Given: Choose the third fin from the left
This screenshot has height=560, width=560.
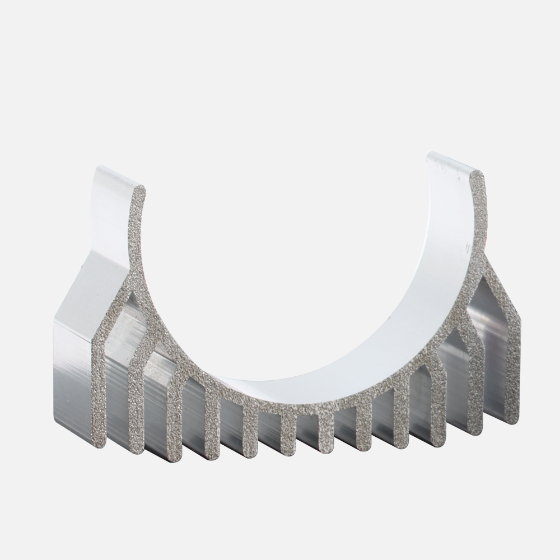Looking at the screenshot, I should [x=174, y=426].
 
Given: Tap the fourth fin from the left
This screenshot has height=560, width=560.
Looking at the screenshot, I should [x=212, y=431].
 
